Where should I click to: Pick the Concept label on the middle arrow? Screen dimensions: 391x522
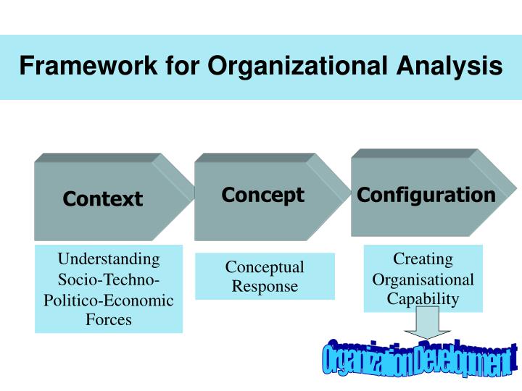[x=262, y=195]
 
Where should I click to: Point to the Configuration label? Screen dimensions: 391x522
[x=426, y=195]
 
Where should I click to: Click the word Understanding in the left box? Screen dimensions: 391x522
[x=109, y=259]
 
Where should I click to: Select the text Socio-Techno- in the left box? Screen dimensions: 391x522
[x=109, y=279]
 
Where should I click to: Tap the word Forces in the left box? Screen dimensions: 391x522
[x=109, y=319]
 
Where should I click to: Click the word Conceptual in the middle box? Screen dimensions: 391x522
[x=265, y=267]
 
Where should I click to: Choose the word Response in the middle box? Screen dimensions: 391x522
[x=265, y=286]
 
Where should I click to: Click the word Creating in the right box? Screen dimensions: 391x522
[x=423, y=259]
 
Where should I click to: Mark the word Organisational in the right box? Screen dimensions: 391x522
[x=423, y=279]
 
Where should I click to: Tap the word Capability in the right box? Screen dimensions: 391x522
[x=423, y=299]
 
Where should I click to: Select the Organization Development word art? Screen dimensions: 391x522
[x=419, y=358]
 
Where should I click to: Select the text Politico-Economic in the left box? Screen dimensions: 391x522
[x=109, y=300]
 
